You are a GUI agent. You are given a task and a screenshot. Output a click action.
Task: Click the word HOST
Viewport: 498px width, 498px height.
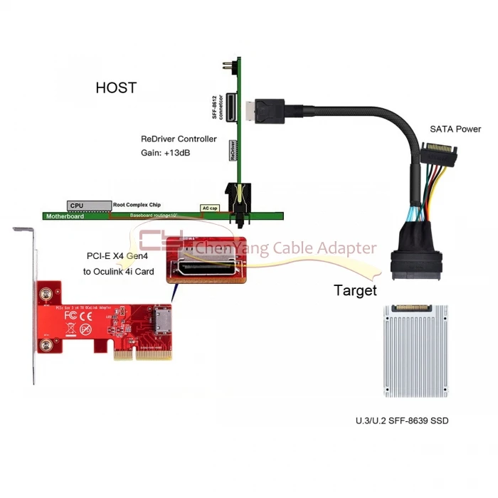(116, 88)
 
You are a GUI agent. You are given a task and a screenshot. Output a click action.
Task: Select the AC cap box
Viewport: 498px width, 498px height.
(210, 208)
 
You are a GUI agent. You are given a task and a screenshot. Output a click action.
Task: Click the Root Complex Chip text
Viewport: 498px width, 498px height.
(137, 205)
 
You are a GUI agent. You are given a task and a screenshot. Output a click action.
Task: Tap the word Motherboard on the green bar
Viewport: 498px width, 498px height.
(65, 215)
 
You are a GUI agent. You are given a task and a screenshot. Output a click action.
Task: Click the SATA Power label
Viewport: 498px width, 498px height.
(455, 129)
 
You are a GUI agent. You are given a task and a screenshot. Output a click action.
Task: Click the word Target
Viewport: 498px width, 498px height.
(355, 290)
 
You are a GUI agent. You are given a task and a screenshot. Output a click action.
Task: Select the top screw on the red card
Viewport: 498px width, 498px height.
(46, 292)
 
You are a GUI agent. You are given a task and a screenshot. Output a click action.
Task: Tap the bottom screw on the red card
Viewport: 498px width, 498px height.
(46, 345)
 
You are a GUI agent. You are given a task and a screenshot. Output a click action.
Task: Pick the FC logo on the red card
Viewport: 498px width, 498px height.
(70, 314)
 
